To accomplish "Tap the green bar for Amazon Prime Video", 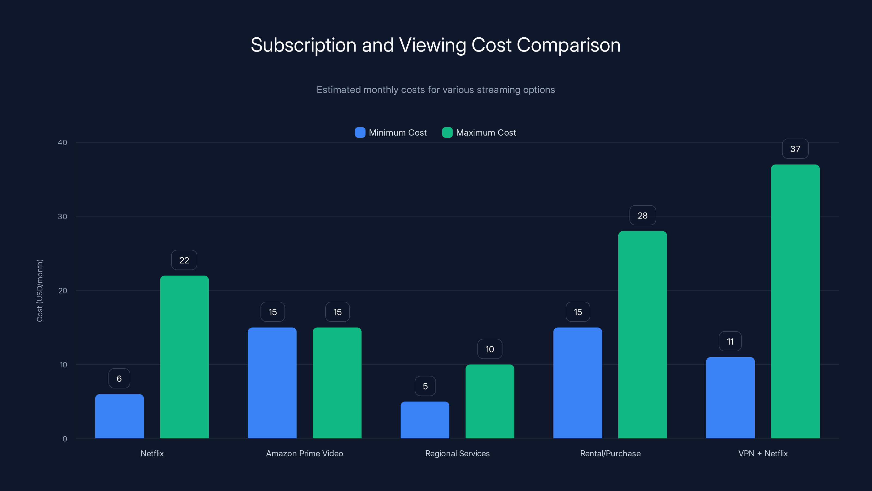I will (x=337, y=383).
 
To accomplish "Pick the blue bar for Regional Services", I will (x=425, y=420).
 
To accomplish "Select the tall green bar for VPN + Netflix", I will (x=795, y=302).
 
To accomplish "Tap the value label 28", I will (x=642, y=215).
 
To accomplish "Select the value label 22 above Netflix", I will (x=184, y=260).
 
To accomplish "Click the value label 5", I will (x=425, y=386).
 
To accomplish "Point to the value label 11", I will (x=730, y=342).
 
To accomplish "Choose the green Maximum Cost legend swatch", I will (x=447, y=133).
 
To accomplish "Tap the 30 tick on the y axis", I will (x=63, y=217).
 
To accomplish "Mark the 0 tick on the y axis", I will (x=65, y=439).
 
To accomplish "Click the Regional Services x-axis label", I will (x=457, y=453).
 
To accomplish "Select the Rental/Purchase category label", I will (x=610, y=453).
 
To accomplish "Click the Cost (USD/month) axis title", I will (x=40, y=291).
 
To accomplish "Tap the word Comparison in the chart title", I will (x=568, y=45).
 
